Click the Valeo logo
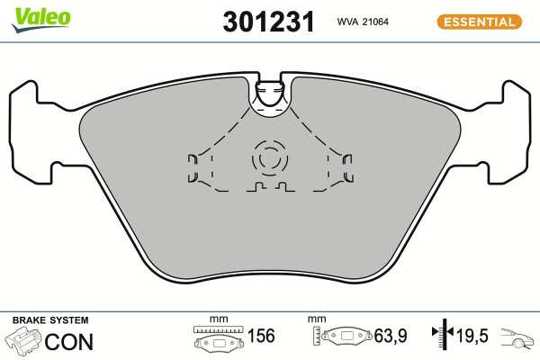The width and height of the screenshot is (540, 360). tap(41, 20)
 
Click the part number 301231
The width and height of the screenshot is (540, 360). tap(268, 22)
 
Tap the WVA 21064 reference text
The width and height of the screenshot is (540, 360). tap(363, 22)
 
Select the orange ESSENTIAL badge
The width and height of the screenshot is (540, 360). tap(480, 22)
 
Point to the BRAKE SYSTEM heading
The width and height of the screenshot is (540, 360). tap(50, 320)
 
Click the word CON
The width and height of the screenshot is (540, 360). tap(69, 342)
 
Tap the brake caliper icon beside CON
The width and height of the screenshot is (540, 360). tap(22, 341)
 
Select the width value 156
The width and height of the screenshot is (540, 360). tap(261, 336)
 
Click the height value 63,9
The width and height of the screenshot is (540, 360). tap(391, 336)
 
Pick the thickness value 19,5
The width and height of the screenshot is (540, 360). tap(472, 336)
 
